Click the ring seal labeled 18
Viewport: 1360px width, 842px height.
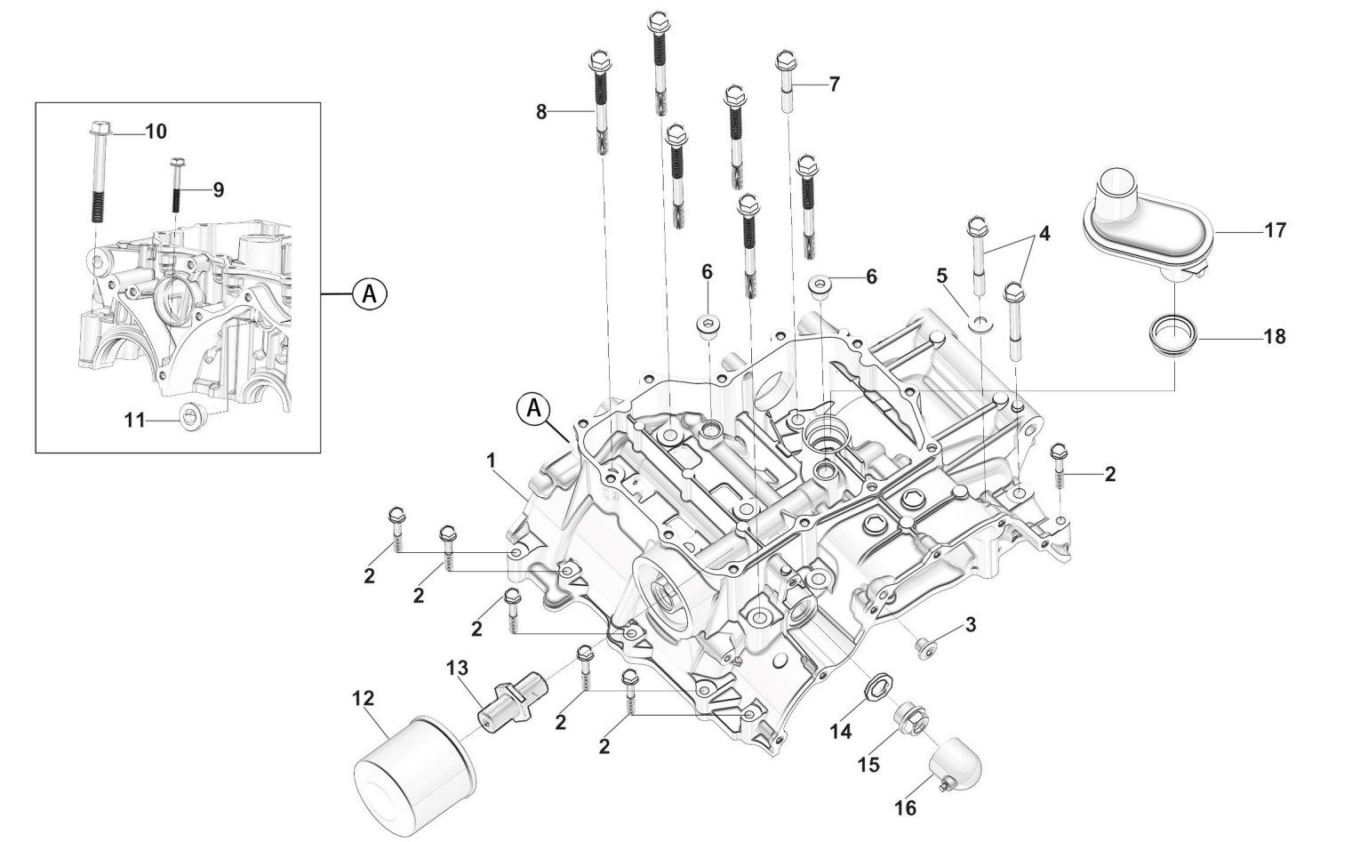(1171, 337)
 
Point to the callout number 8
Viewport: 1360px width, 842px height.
(541, 112)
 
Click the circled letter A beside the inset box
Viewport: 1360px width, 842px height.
(370, 293)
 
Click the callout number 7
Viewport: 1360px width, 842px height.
(834, 84)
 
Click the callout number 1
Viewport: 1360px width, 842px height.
(490, 461)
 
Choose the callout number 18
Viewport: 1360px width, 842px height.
(1275, 337)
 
